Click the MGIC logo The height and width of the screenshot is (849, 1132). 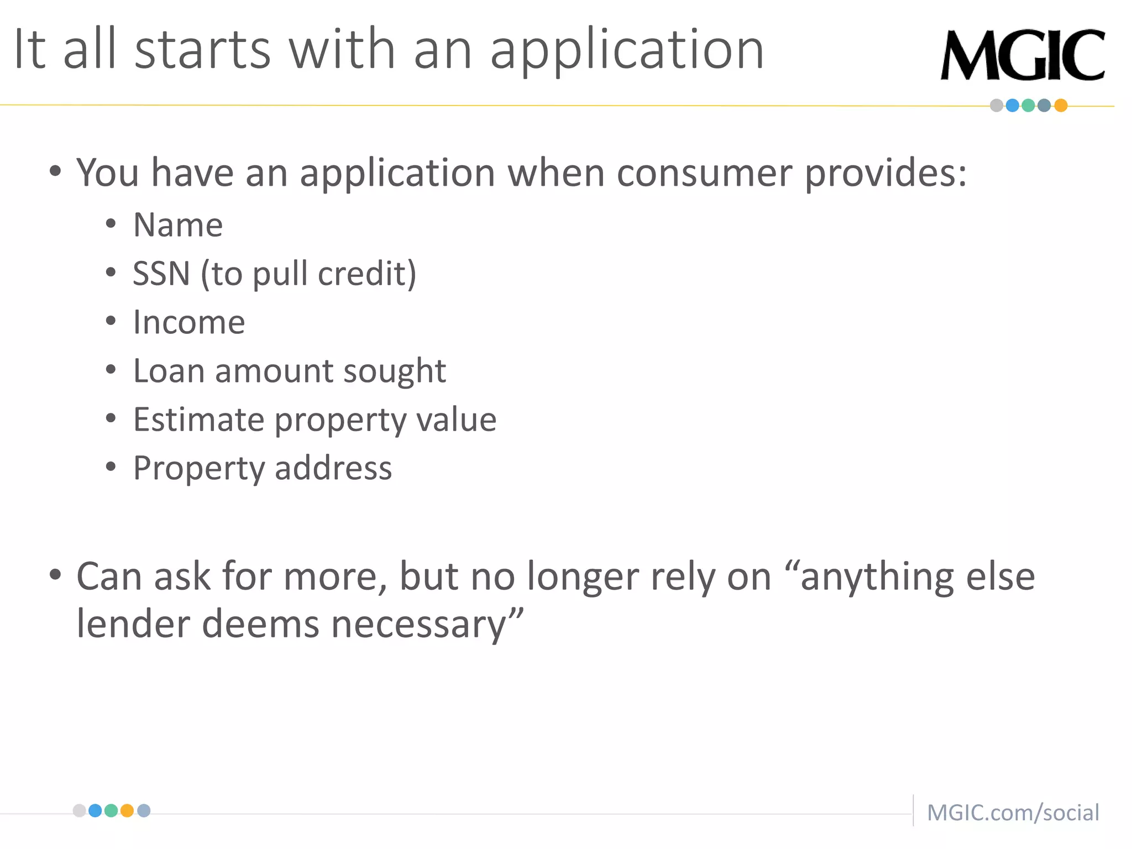[1023, 55]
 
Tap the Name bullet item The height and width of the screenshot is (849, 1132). [178, 225]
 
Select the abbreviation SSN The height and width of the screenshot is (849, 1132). [161, 274]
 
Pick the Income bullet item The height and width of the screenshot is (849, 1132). [189, 322]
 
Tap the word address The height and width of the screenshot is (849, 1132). [333, 468]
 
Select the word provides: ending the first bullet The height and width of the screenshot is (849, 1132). [885, 173]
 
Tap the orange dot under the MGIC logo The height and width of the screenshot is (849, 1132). [1061, 106]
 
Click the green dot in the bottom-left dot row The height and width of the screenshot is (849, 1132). [111, 811]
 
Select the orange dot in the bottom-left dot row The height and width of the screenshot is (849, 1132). [127, 811]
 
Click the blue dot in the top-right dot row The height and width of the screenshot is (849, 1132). [1013, 106]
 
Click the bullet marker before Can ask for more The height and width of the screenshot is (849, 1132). [55, 575]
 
